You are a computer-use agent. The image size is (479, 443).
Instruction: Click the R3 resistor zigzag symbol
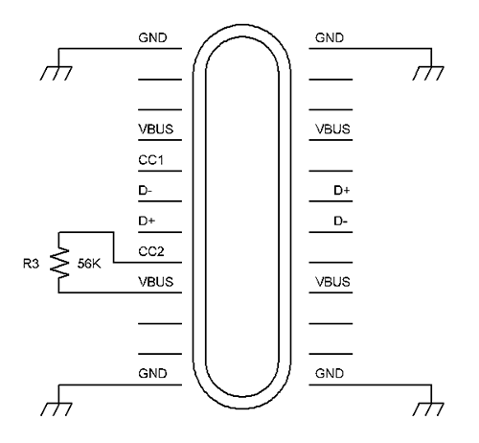pyautogui.click(x=59, y=262)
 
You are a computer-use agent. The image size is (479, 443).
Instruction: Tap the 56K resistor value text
pyautogui.click(x=89, y=264)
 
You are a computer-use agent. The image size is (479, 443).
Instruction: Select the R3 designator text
pyautogui.click(x=31, y=264)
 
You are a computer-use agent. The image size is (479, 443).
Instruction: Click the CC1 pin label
pyautogui.click(x=150, y=160)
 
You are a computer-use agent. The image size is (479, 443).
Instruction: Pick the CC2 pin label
pyautogui.click(x=151, y=251)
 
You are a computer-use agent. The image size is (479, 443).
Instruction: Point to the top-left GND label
pyautogui.click(x=152, y=38)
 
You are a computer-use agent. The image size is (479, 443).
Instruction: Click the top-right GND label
pyautogui.click(x=330, y=38)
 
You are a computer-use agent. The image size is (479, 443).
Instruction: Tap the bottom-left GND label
pyautogui.click(x=152, y=374)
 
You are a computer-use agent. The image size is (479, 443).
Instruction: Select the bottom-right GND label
pyautogui.click(x=330, y=374)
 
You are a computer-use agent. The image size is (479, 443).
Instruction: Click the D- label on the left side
pyautogui.click(x=146, y=191)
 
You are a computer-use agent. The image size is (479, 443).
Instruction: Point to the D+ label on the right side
pyautogui.click(x=342, y=191)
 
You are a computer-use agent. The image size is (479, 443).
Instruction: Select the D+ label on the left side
pyautogui.click(x=147, y=221)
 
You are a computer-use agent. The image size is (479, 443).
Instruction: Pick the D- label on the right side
pyautogui.click(x=341, y=221)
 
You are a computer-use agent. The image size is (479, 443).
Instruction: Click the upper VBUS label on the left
pyautogui.click(x=156, y=129)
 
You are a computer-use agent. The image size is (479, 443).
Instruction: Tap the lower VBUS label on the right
pyautogui.click(x=332, y=282)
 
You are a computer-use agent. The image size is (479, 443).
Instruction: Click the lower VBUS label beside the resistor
pyautogui.click(x=156, y=282)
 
